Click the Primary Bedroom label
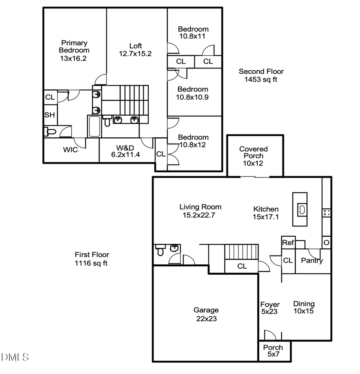point(74,50)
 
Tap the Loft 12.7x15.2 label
point(135,50)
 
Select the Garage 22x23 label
point(206,314)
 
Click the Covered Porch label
point(254,156)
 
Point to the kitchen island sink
point(301,209)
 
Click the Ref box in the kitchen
point(288,243)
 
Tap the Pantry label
point(312,261)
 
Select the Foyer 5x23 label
point(270,308)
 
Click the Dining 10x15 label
point(304,308)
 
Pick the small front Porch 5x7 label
point(273,351)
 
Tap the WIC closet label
point(70,150)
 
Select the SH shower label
point(49,115)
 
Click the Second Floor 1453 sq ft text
point(261,75)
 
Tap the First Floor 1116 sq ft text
point(92,259)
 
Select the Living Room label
point(200,211)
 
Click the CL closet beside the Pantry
point(288,261)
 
